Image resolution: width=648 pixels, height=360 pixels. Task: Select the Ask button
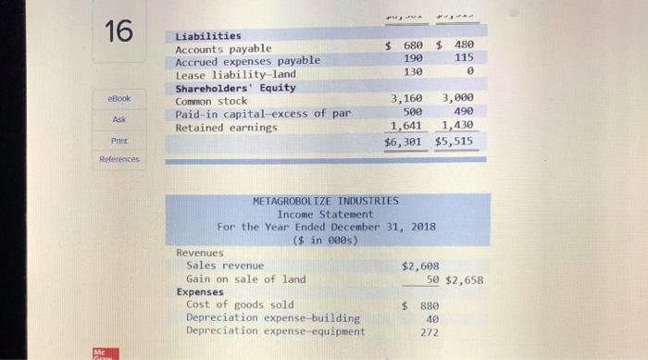(x=118, y=118)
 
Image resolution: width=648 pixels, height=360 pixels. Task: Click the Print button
(x=118, y=141)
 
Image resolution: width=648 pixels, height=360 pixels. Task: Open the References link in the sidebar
(x=118, y=159)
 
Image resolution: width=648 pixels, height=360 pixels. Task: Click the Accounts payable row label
(x=223, y=48)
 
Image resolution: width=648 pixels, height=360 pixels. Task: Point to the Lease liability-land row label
(x=236, y=74)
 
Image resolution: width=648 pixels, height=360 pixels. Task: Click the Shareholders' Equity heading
(x=235, y=87)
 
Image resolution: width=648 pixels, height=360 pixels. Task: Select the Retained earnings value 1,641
(x=405, y=126)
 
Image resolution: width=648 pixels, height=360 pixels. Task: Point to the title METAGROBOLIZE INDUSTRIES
(x=326, y=200)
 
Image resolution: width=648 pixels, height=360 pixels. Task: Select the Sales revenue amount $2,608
(x=420, y=266)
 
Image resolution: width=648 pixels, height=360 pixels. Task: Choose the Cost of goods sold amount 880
(x=426, y=304)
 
